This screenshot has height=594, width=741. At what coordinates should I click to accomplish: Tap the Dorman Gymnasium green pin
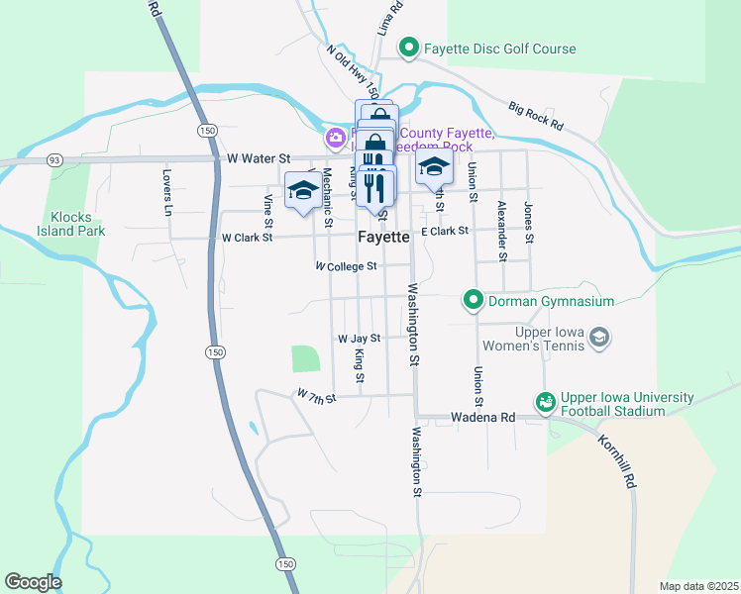coord(475,300)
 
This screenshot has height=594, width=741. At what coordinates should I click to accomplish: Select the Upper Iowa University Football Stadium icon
coord(545,402)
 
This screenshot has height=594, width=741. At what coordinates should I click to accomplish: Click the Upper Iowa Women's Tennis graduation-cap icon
coord(598,339)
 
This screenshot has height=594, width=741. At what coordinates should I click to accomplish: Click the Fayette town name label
coord(383,238)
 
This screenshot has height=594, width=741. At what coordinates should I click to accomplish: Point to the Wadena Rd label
coord(482,418)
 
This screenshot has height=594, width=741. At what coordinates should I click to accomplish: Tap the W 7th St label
coord(316,396)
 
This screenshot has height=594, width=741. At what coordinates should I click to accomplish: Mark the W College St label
coord(346,266)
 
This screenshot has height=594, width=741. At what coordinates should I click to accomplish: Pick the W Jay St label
coord(359,339)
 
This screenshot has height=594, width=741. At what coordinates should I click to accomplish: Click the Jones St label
coord(529,223)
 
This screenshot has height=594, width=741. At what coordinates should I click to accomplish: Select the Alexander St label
coord(502,230)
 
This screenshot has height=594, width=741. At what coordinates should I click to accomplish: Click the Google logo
coord(33,582)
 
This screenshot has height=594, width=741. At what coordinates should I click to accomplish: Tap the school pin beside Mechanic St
coord(302,191)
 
